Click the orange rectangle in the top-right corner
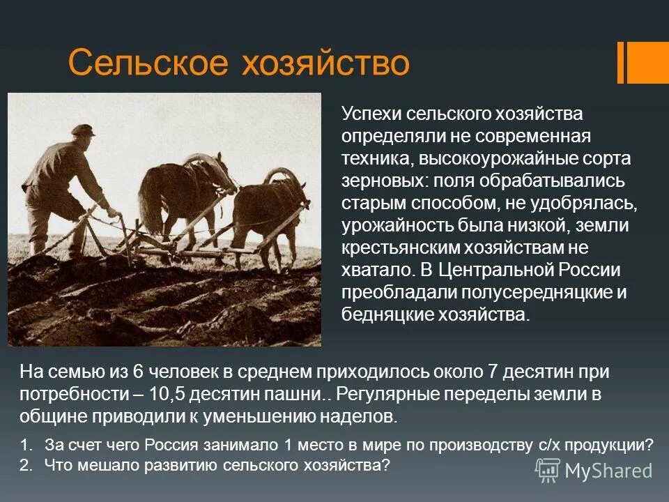(x=649, y=62)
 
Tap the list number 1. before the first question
(x=26, y=445)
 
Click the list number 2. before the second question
(x=26, y=464)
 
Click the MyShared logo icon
(x=548, y=470)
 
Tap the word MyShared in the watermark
(x=608, y=471)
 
